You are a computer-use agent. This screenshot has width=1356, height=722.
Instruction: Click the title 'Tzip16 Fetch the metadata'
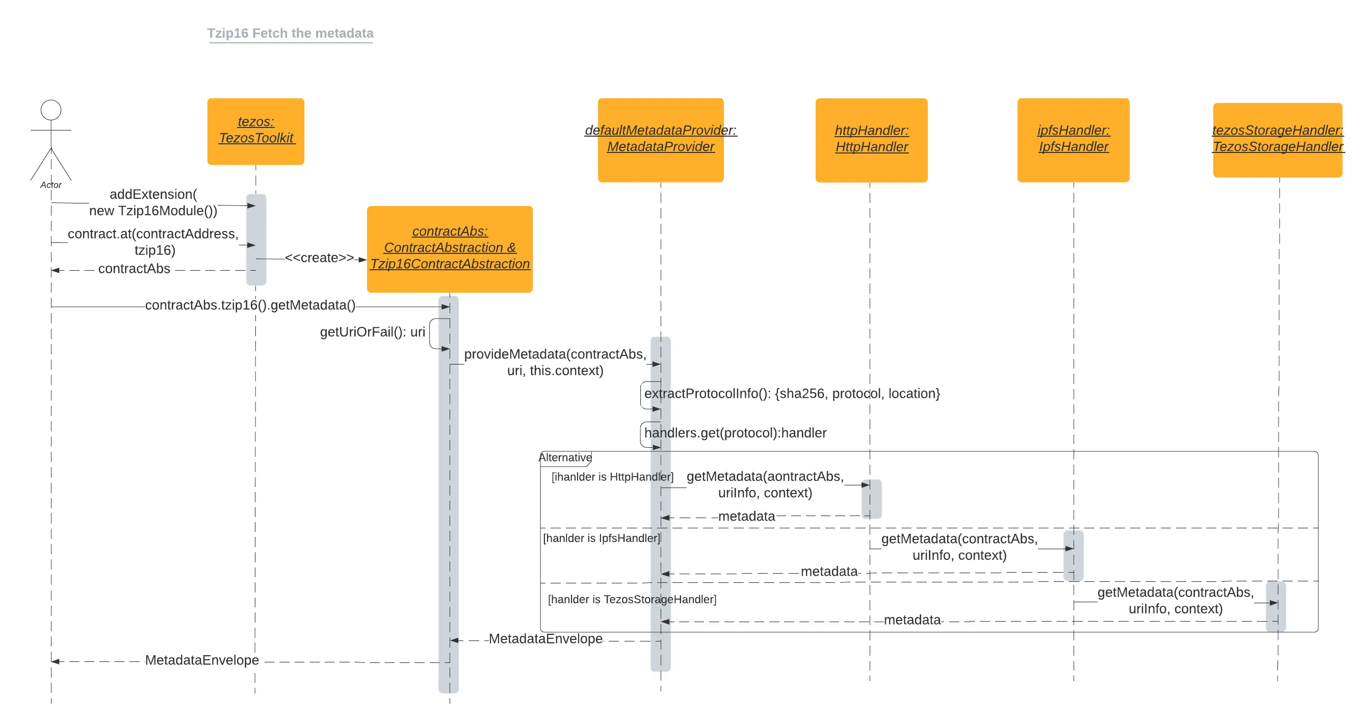tap(290, 33)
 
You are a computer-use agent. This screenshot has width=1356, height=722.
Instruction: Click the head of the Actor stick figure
tap(51, 110)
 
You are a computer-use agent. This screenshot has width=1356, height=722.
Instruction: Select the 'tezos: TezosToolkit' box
tap(255, 131)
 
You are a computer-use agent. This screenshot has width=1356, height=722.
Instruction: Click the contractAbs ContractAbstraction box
tap(450, 248)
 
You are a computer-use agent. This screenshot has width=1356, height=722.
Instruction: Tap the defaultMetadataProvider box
tap(660, 140)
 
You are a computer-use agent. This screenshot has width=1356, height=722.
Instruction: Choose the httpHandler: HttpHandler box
tap(871, 140)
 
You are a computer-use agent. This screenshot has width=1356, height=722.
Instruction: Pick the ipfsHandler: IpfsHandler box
tap(1073, 140)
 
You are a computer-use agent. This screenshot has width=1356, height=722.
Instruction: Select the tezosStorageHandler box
tap(1277, 140)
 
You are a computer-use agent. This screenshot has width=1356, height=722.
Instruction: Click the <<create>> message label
tap(320, 258)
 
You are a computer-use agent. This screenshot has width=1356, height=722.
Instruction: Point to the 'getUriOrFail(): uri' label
tap(372, 332)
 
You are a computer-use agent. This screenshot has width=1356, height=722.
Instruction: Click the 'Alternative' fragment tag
tap(565, 457)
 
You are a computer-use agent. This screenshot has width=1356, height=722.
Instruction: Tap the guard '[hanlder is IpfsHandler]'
tap(601, 538)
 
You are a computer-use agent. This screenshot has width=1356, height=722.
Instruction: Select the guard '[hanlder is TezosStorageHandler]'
tap(632, 599)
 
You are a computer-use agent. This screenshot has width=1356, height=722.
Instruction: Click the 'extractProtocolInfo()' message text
tap(792, 394)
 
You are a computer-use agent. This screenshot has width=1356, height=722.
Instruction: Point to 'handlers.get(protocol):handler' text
tap(735, 433)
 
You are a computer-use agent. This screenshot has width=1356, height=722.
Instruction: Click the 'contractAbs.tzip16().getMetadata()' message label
tap(250, 305)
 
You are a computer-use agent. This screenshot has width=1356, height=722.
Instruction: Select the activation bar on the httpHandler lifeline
tap(871, 498)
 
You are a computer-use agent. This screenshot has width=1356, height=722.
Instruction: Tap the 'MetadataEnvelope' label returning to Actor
tap(201, 660)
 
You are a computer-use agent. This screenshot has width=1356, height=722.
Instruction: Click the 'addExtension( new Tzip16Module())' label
tap(152, 203)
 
